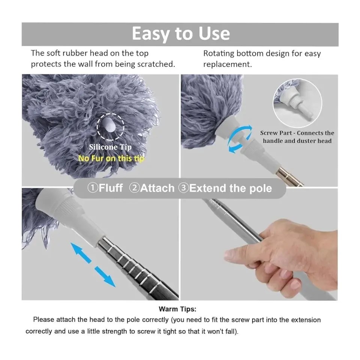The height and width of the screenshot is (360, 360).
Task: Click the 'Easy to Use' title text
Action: (x=181, y=34)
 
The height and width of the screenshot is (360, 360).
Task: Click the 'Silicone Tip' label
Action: (x=110, y=147)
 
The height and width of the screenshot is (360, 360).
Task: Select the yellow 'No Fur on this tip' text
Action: (x=111, y=158)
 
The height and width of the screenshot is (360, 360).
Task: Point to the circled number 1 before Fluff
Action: (x=93, y=188)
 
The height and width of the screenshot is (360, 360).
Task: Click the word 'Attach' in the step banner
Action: (x=157, y=188)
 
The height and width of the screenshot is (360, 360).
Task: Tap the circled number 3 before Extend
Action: (x=184, y=188)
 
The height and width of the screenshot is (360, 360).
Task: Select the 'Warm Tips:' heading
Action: (x=177, y=309)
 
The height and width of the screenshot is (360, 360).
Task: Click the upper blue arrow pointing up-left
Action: (x=81, y=252)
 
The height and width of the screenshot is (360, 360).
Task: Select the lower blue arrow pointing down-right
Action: (x=105, y=277)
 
